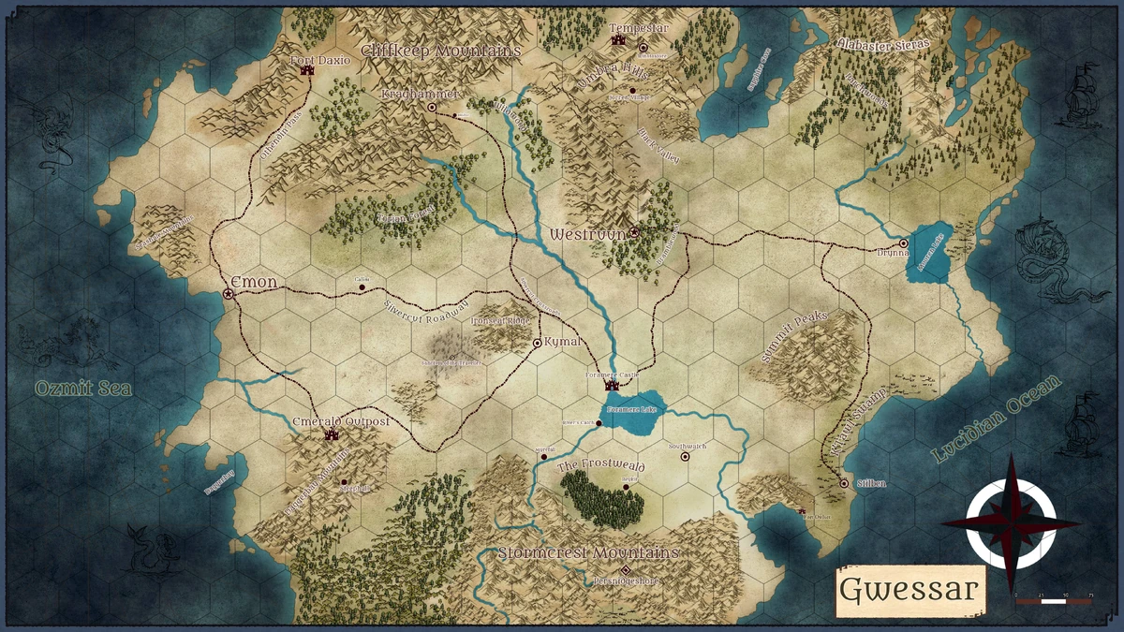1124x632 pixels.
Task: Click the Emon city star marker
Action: pos(229,294)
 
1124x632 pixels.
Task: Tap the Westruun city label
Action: pos(587,233)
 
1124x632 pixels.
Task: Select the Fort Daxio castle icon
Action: pos(308,73)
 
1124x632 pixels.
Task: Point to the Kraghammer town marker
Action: pos(432,108)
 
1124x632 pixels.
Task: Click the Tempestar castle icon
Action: pos(618,40)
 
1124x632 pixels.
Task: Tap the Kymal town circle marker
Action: pos(537,344)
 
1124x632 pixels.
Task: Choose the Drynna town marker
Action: pos(903,243)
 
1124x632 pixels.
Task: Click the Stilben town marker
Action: pos(844,484)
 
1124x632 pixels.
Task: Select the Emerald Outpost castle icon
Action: pos(330,434)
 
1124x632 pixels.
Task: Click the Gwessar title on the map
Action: pos(910,590)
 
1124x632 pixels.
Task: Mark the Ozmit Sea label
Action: pos(83,388)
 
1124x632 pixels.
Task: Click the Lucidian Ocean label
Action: pos(998,419)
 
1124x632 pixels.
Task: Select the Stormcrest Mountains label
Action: pos(588,552)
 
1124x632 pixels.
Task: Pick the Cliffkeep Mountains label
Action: pos(440,51)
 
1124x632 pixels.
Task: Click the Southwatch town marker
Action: pos(685,458)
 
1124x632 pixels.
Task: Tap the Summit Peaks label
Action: pos(796,331)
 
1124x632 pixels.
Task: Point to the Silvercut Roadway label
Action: pos(426,313)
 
